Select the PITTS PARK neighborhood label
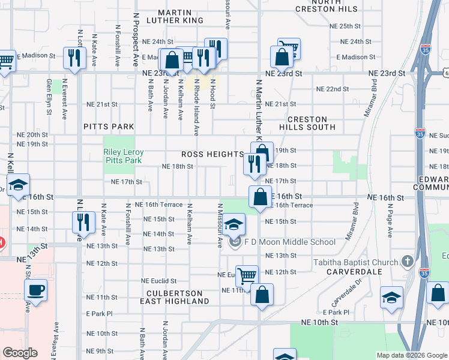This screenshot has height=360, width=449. (109, 127)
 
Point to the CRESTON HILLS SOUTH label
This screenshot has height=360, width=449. (307, 124)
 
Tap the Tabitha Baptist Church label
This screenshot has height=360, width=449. (355, 262)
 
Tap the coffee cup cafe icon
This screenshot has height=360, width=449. (35, 291)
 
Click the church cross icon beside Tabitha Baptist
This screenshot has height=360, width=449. (408, 261)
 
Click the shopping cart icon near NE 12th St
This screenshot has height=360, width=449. (247, 276)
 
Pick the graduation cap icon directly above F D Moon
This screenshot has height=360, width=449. (235, 224)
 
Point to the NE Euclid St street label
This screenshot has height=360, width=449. (158, 281)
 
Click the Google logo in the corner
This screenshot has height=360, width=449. (20, 353)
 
